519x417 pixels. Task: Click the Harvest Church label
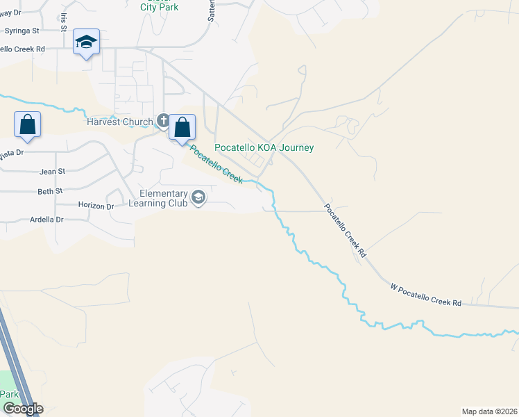coord(119,122)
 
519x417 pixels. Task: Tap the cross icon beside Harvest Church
coord(162,122)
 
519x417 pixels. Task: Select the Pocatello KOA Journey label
coord(264,147)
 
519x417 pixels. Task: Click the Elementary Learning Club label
coord(164,198)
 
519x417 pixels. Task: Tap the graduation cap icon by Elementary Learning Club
coord(198,198)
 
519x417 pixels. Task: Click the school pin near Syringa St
coord(86,43)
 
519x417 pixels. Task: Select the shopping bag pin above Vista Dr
coord(28,126)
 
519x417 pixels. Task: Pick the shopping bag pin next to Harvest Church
coord(182,128)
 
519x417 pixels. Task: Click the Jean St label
coord(52,171)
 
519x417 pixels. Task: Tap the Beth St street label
coord(50,190)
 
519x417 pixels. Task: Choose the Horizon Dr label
coord(96,206)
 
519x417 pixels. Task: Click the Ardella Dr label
coord(46,220)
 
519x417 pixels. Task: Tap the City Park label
coord(159,7)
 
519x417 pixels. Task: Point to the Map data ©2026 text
coord(488,411)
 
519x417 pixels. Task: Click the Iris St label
coord(64,22)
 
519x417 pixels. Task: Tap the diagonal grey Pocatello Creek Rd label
coord(344,232)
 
